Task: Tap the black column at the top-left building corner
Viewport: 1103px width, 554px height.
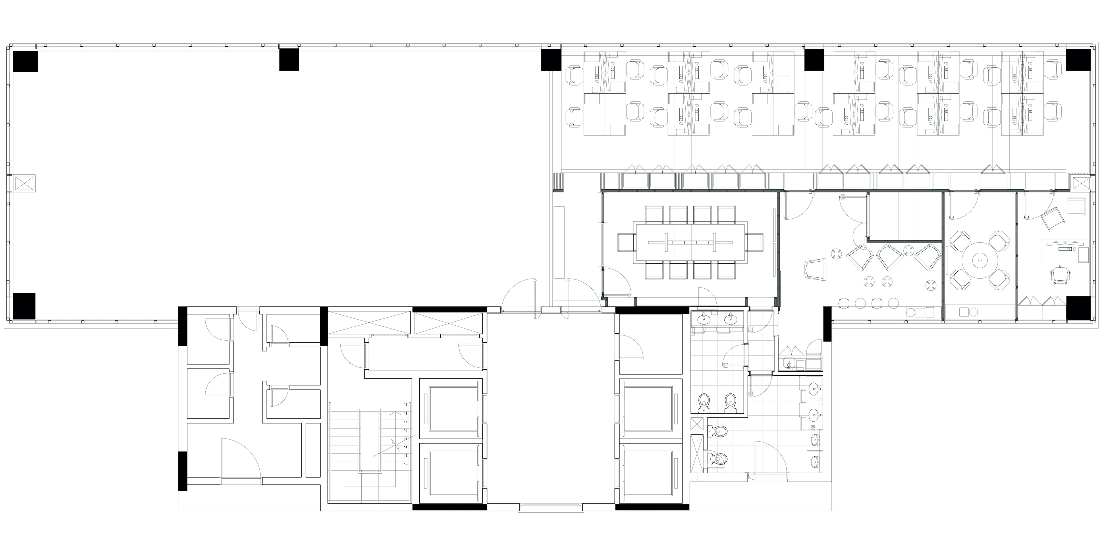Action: tap(26, 61)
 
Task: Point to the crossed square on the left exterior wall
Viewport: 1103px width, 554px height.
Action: tap(25, 183)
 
